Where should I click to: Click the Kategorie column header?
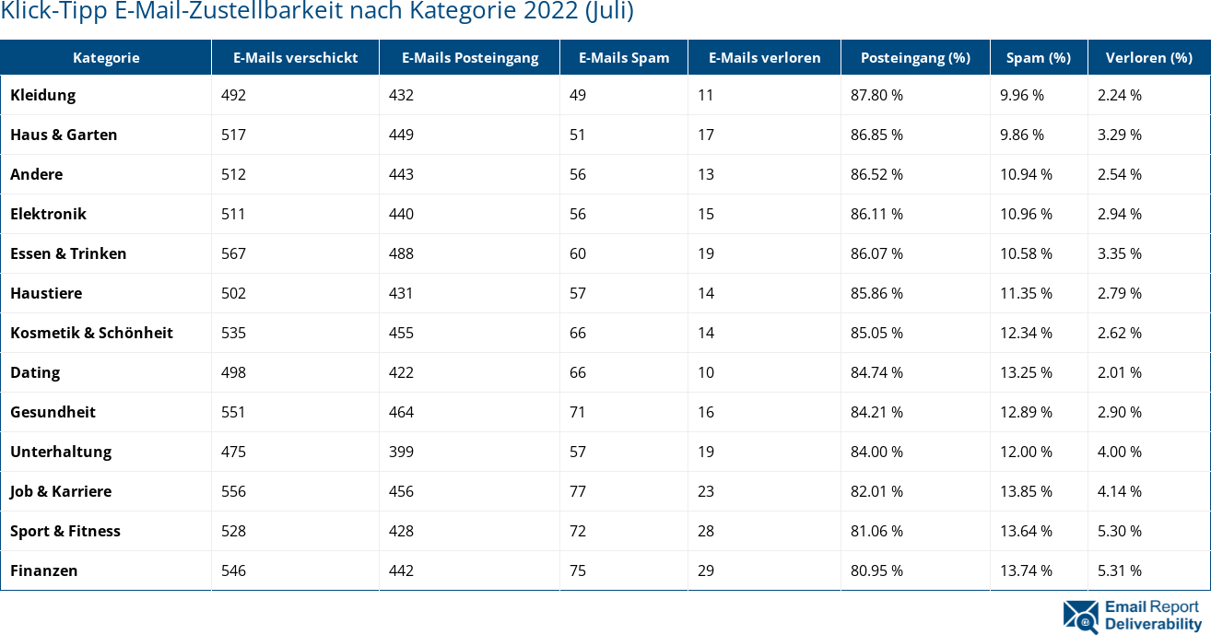[x=106, y=57]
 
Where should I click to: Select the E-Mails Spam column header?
[x=624, y=57]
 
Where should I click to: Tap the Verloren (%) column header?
[x=1148, y=57]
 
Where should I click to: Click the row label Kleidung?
[x=43, y=95]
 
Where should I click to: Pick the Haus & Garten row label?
[x=64, y=135]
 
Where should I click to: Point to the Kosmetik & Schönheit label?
[x=91, y=333]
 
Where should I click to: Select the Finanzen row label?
[x=44, y=570]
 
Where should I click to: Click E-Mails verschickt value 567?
[x=233, y=253]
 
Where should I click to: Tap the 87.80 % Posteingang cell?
[x=876, y=95]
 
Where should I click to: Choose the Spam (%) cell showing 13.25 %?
[x=1026, y=372]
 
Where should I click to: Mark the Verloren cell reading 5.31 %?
[x=1119, y=570]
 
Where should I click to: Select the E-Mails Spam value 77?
[x=578, y=491]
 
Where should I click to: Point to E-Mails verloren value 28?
[x=706, y=531]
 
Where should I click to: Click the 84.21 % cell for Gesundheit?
[x=876, y=412]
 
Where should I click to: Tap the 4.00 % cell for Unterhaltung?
[x=1119, y=452]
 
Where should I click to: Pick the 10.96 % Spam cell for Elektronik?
[x=1026, y=214]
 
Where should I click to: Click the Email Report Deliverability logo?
[x=1133, y=616]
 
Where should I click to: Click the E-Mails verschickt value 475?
[x=233, y=452]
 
